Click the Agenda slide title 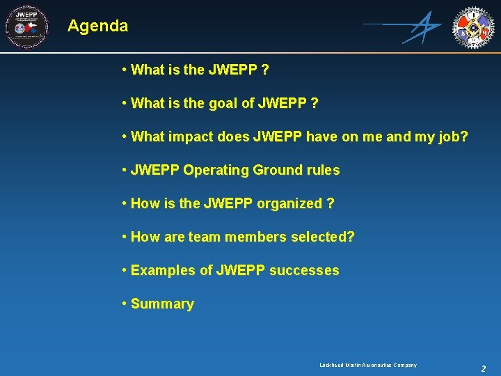point(98,26)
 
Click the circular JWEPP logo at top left point(26,27)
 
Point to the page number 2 point(483,368)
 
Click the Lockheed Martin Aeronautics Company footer point(368,365)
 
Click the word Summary point(162,304)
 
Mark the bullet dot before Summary point(123,304)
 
